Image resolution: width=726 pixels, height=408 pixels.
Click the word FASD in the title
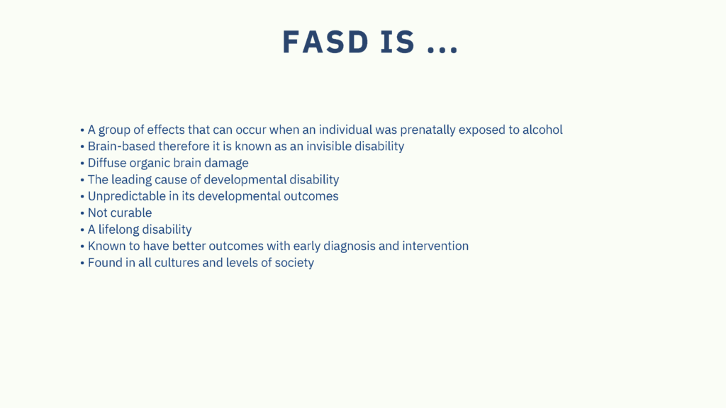[326, 42]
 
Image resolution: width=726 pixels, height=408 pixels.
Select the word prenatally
[428, 130]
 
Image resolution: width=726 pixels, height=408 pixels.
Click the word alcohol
[542, 130]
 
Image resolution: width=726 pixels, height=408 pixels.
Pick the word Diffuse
[107, 163]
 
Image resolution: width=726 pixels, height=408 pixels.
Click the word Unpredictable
[126, 197]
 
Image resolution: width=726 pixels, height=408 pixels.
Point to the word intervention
[435, 246]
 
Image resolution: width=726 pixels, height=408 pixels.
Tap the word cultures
[177, 263]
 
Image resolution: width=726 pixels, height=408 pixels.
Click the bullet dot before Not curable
[82, 213]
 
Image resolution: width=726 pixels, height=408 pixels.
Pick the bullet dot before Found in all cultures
[82, 263]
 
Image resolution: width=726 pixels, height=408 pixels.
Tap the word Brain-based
[121, 146]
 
